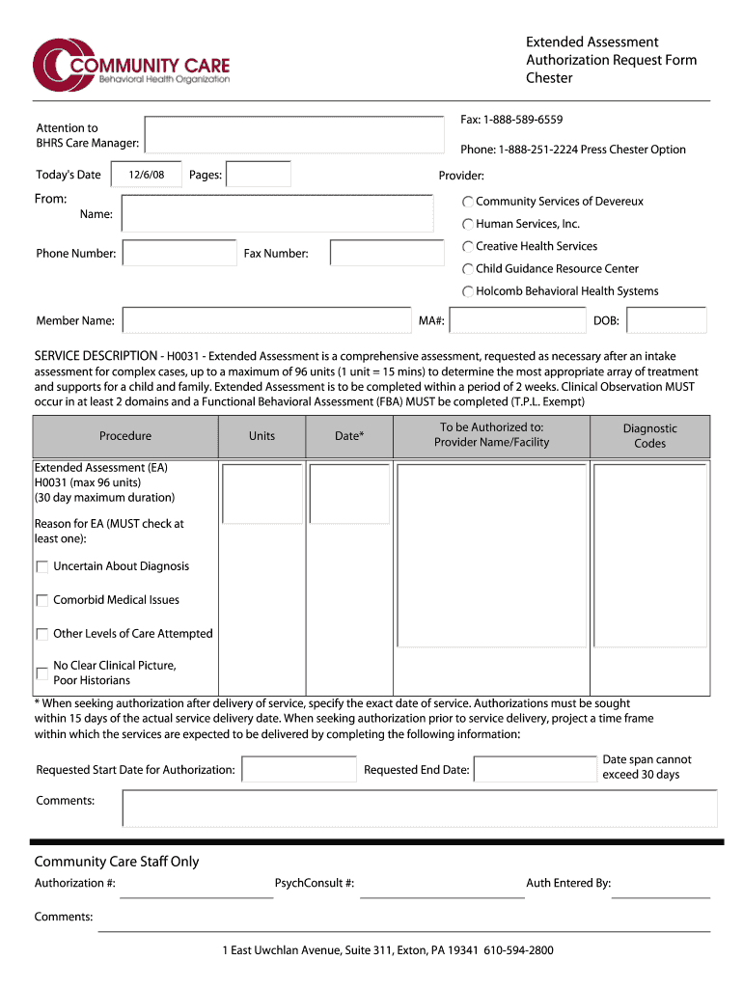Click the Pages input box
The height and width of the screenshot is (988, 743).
coord(258,175)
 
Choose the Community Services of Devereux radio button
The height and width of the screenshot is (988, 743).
coord(467,202)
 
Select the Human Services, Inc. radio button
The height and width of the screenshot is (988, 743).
coord(467,224)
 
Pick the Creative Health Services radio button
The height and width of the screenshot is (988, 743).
coord(467,247)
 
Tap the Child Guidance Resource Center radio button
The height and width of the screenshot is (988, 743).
coord(467,269)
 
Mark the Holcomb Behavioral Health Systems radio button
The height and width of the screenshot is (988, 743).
coord(467,291)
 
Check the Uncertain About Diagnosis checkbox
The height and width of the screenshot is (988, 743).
coord(41,567)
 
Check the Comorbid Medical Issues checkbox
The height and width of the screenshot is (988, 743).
coord(41,600)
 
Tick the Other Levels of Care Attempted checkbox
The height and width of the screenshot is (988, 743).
coord(41,634)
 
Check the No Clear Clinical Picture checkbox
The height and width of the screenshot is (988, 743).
coord(41,673)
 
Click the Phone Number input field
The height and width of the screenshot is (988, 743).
coord(179,254)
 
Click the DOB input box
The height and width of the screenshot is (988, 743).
coord(666,320)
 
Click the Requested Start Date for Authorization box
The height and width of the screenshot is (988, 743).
coord(298,769)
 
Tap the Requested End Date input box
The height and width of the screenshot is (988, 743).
coord(535,769)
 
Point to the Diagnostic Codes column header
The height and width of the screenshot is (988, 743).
coord(649,436)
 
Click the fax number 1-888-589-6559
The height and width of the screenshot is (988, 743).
coord(510,120)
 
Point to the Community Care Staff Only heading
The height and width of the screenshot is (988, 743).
coord(117,862)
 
